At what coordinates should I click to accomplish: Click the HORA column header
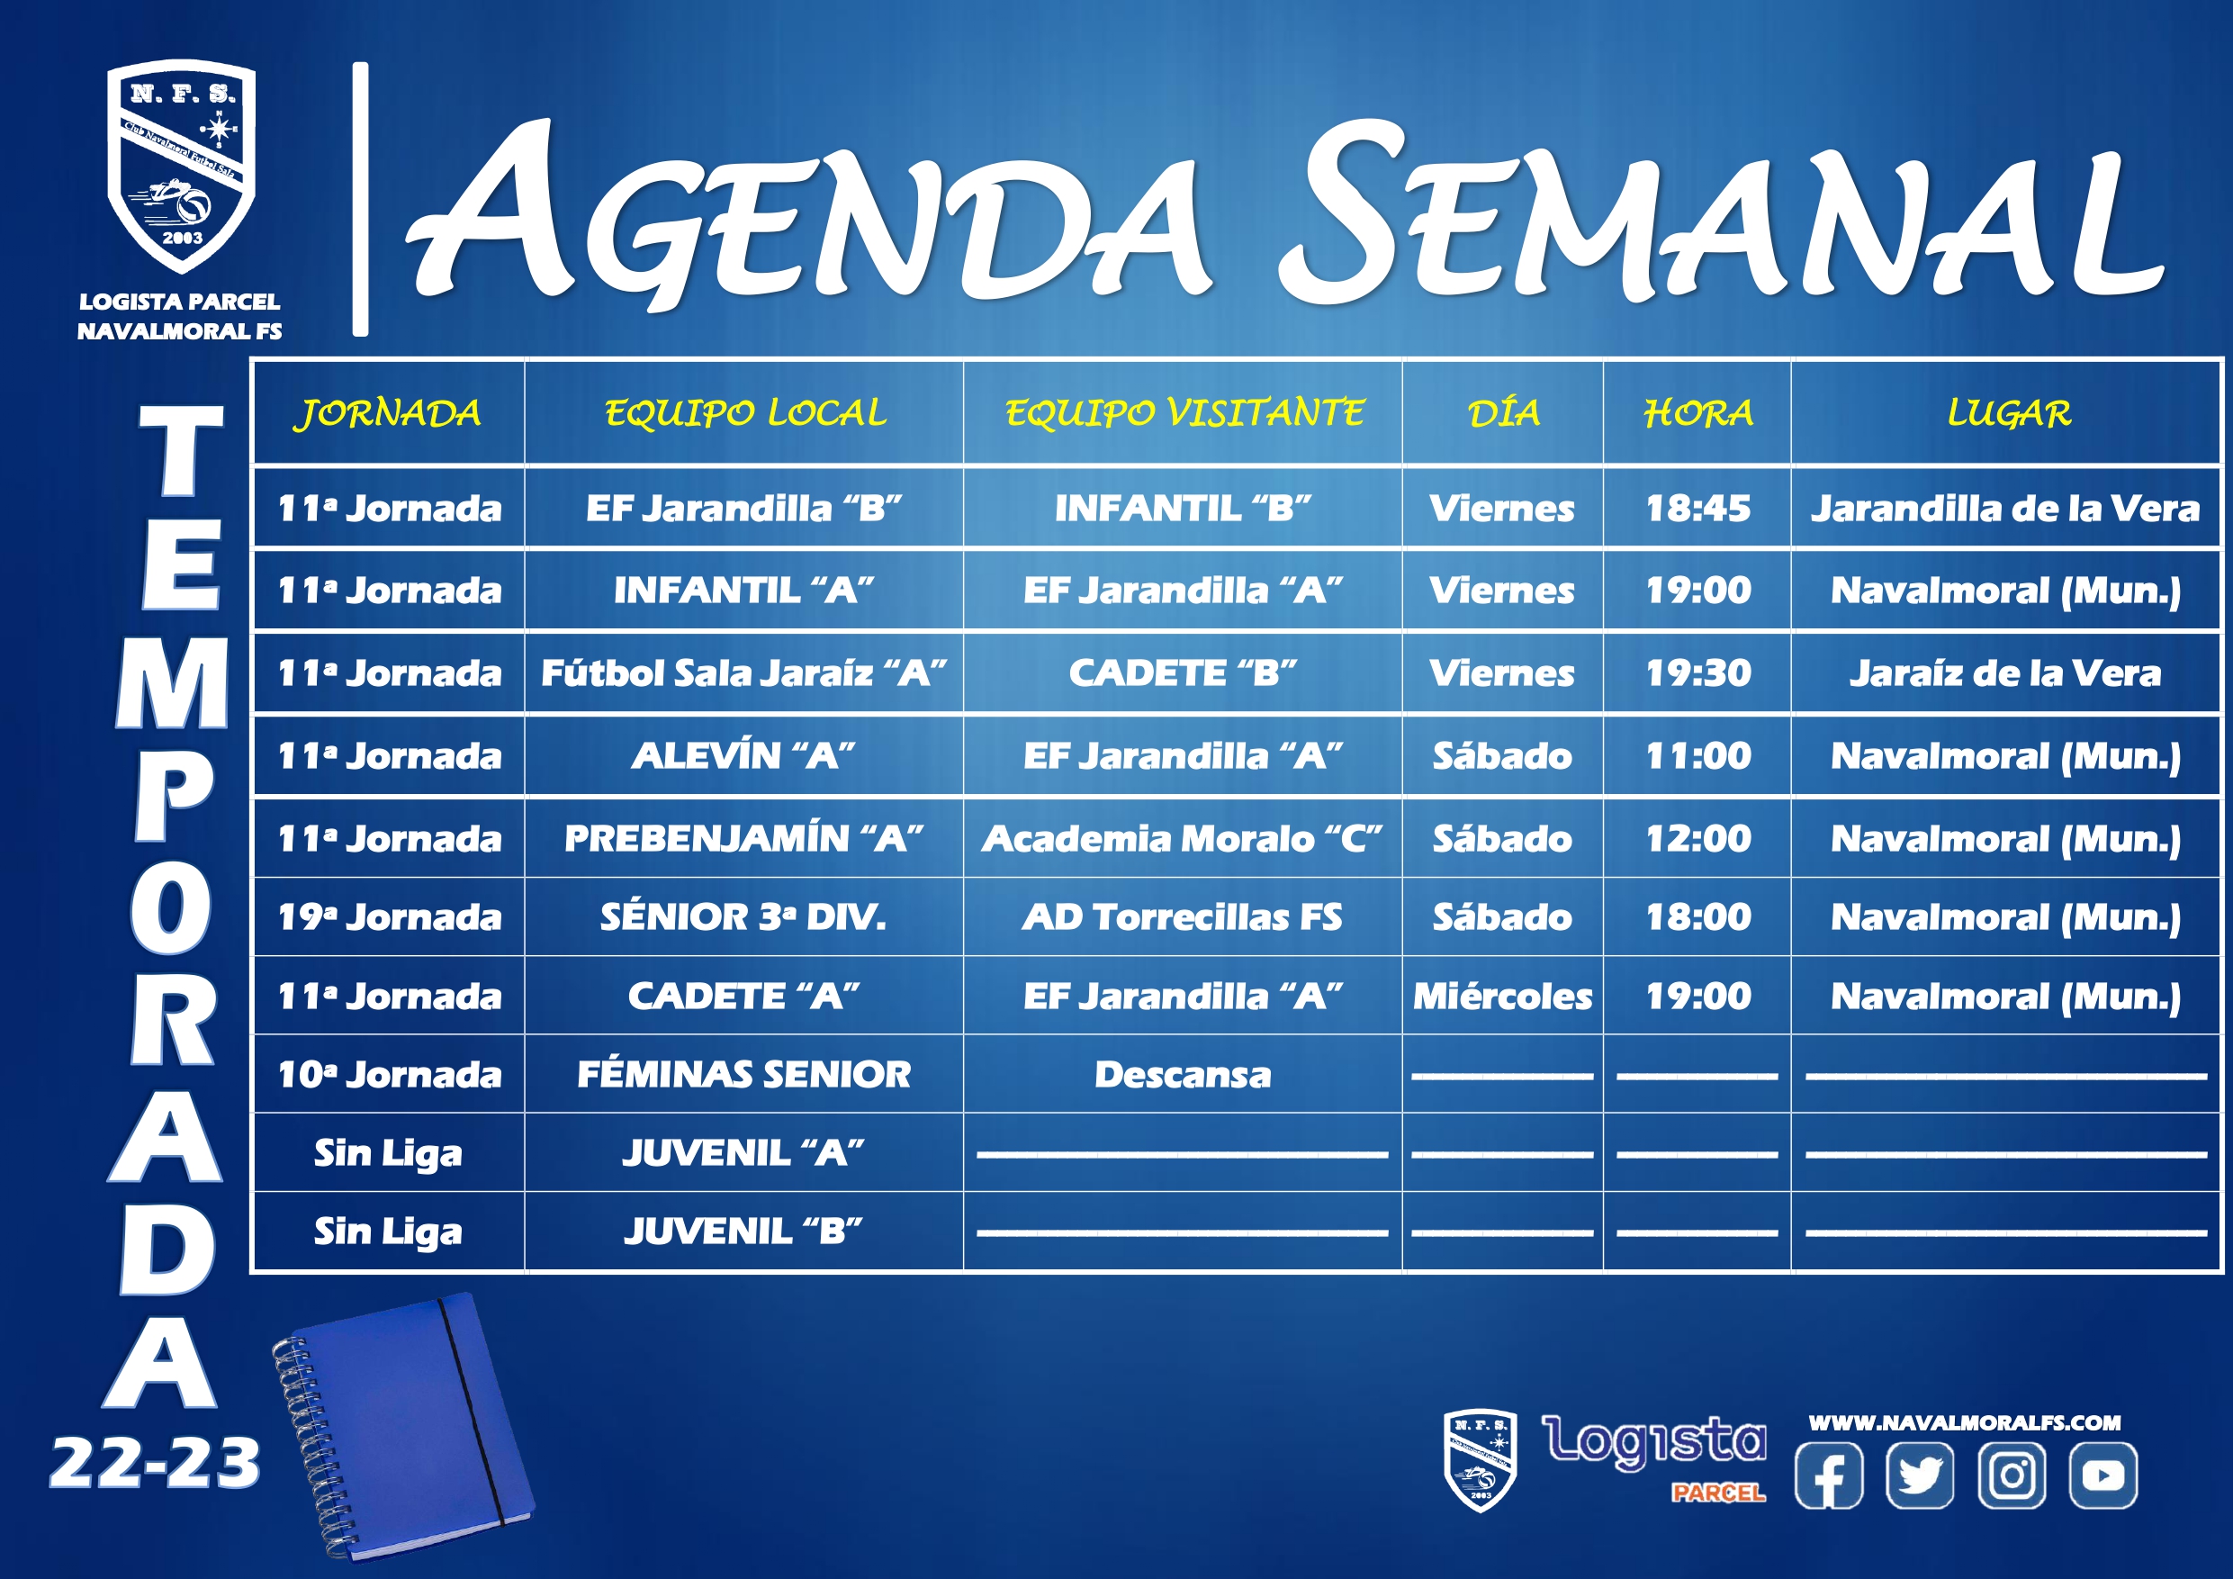pyautogui.click(x=1698, y=413)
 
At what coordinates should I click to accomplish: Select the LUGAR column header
pyautogui.click(x=2009, y=413)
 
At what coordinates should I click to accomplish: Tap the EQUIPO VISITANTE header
pyautogui.click(x=1184, y=413)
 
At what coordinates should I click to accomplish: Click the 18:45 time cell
pyautogui.click(x=1698, y=508)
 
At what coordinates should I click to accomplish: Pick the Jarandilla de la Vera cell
pyautogui.click(x=2005, y=508)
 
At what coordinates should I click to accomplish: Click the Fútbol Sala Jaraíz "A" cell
pyautogui.click(x=744, y=672)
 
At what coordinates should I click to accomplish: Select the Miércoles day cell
pyautogui.click(x=1502, y=996)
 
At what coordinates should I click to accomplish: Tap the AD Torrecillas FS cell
pyautogui.click(x=1183, y=916)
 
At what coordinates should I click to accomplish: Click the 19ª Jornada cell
pyautogui.click(x=389, y=916)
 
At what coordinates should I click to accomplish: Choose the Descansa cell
pyautogui.click(x=1183, y=1074)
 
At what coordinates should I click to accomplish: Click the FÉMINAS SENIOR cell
pyautogui.click(x=744, y=1074)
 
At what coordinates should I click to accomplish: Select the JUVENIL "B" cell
pyautogui.click(x=744, y=1231)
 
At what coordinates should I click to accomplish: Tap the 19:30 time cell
pyautogui.click(x=1698, y=672)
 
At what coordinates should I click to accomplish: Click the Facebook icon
pyautogui.click(x=1828, y=1475)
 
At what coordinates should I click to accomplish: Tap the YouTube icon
pyautogui.click(x=2102, y=1475)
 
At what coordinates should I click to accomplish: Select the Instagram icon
pyautogui.click(x=2012, y=1475)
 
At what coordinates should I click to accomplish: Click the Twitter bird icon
pyautogui.click(x=1920, y=1475)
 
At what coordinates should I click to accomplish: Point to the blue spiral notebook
pyautogui.click(x=403, y=1426)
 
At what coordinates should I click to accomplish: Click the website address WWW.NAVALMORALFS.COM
pyautogui.click(x=1965, y=1422)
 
